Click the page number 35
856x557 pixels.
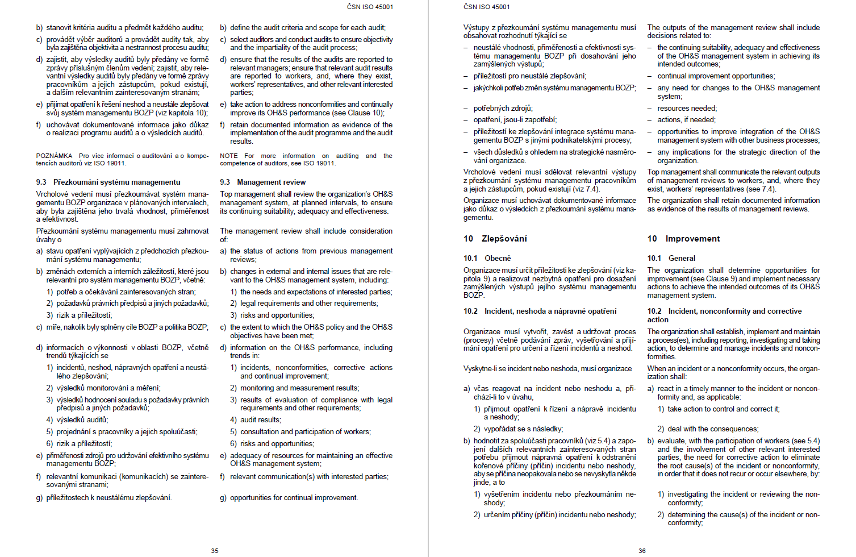coord(215,551)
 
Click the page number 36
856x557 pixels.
coord(642,551)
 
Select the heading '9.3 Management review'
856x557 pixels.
coord(263,182)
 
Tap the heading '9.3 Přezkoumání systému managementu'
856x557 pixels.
coord(108,182)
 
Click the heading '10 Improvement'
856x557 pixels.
coord(683,239)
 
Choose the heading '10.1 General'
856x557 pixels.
coord(671,258)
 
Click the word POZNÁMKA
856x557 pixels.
coord(54,156)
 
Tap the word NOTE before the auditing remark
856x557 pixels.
coord(229,156)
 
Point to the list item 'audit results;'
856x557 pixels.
coord(260,420)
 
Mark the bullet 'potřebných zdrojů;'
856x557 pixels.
coord(503,109)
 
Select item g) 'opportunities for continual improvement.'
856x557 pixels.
coord(294,498)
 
